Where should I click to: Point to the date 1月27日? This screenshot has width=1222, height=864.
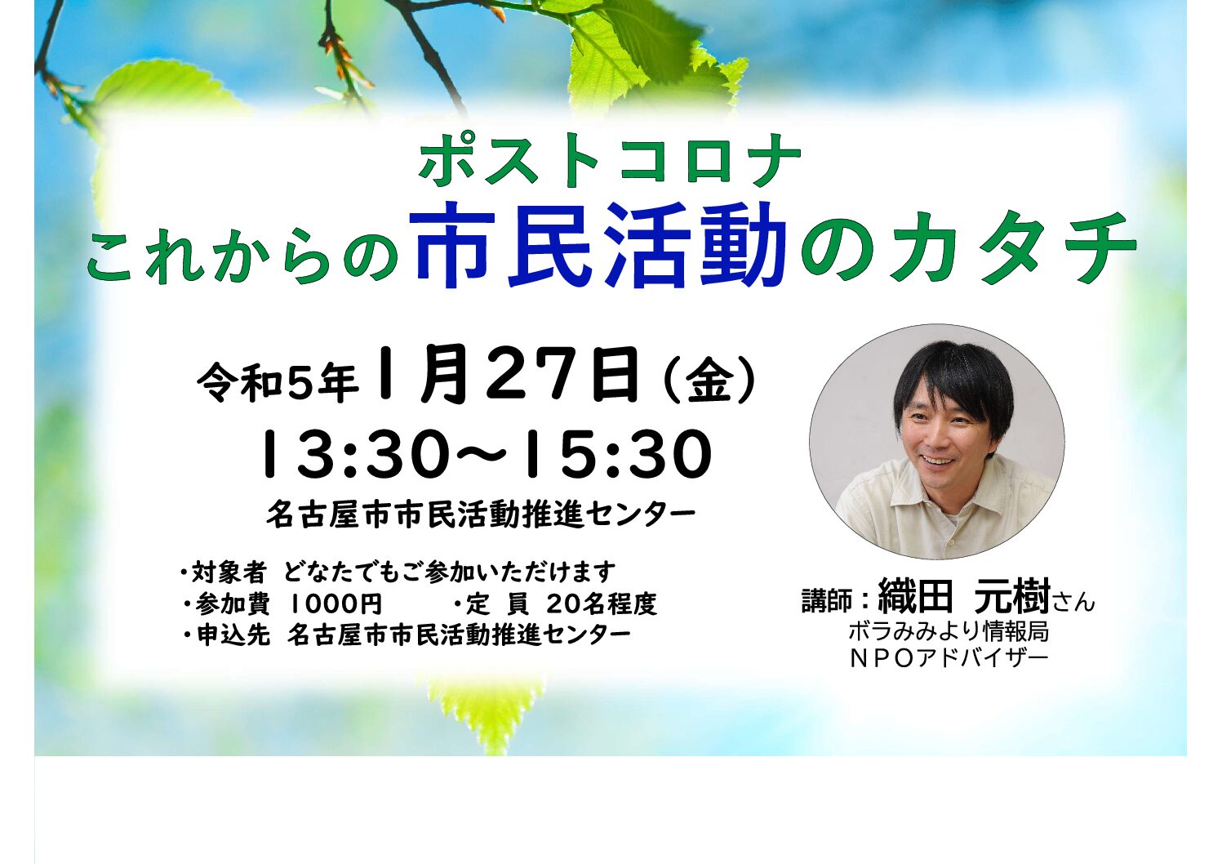point(508,375)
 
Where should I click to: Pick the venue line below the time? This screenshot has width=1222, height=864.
point(481,514)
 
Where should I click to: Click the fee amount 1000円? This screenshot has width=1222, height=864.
point(335,604)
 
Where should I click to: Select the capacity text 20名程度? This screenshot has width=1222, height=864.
point(601,603)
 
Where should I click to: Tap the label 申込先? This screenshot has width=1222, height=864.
point(233,635)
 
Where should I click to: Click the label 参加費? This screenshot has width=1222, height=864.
point(232,604)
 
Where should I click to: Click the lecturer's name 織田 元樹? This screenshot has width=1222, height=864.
point(963,598)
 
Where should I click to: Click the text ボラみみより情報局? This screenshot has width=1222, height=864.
point(949,631)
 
